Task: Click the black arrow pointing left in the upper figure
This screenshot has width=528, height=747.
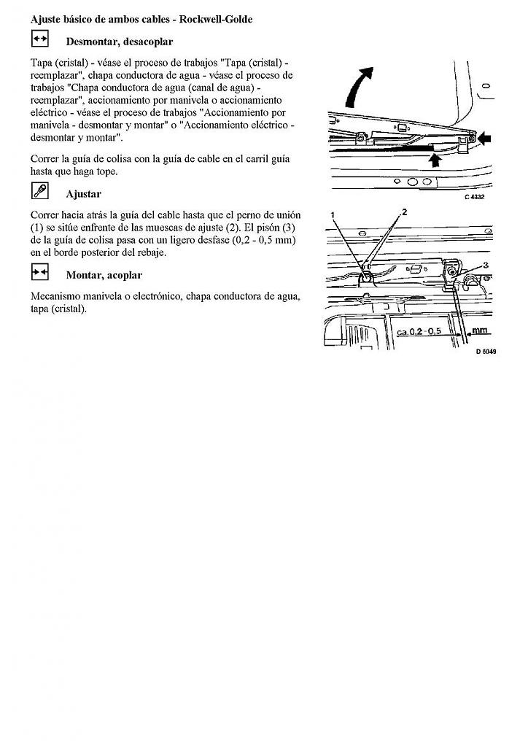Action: click(484, 136)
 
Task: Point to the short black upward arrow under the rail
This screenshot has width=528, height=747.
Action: click(436, 157)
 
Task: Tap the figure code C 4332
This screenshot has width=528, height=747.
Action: click(474, 196)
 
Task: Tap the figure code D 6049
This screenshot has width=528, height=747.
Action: click(486, 351)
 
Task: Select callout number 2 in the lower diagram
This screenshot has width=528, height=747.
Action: click(404, 212)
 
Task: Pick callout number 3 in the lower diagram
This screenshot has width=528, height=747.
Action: click(486, 265)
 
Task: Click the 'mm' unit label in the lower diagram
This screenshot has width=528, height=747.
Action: click(479, 330)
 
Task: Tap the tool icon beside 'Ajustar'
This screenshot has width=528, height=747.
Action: click(40, 191)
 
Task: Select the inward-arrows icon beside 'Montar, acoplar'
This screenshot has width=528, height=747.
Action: click(40, 272)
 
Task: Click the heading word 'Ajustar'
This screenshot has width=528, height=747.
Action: click(83, 194)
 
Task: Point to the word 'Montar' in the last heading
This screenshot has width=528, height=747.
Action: click(84, 275)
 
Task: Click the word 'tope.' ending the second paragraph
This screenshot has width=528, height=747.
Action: click(105, 171)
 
